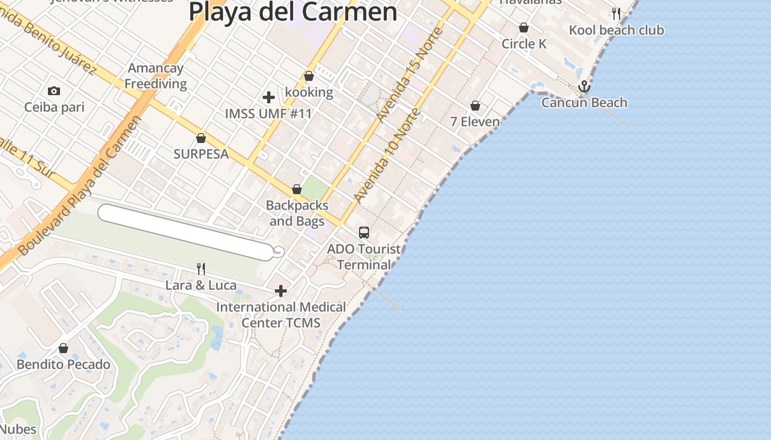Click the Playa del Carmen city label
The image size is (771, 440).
[292, 12]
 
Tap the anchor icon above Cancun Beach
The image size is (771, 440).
[584, 86]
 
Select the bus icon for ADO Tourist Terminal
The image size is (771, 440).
[364, 233]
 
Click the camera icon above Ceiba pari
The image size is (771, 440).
[54, 91]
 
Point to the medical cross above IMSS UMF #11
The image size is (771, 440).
[269, 97]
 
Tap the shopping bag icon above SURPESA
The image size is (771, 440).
[201, 138]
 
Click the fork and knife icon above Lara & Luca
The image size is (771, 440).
[201, 269]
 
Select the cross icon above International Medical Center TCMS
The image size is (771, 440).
[281, 291]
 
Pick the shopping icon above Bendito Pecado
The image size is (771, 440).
[63, 348]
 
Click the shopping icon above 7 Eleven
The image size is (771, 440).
[475, 106]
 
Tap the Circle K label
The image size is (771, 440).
[524, 44]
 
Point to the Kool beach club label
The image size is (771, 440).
[616, 30]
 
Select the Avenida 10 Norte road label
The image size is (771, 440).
[387, 156]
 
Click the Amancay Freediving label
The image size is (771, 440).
[155, 76]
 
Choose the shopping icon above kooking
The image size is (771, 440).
[309, 76]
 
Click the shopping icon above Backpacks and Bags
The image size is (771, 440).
[297, 190]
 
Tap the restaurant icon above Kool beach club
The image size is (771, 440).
[616, 14]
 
